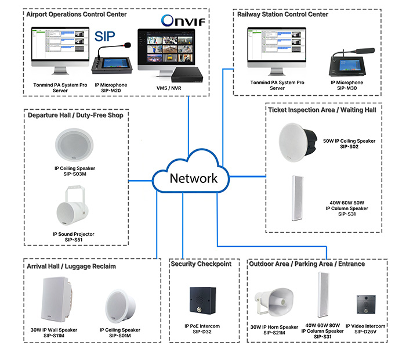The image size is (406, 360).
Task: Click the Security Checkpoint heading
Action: tap(201, 264)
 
